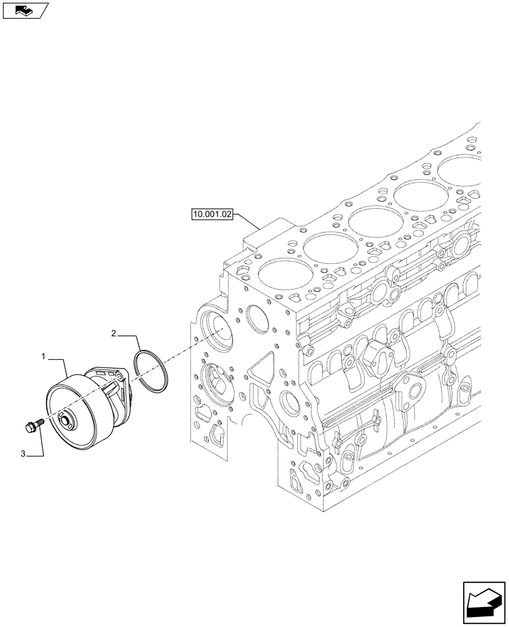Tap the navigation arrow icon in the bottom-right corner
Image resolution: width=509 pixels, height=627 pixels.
click(483, 600)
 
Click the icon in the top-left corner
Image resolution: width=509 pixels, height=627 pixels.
click(24, 10)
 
